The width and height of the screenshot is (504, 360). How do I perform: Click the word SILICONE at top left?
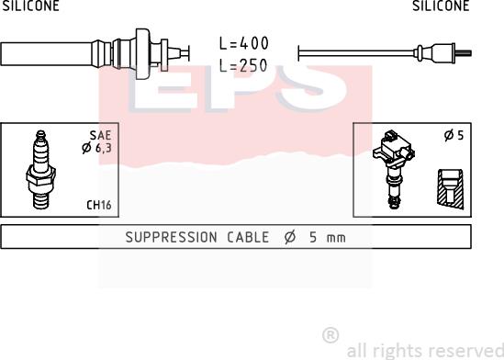[x=31, y=6]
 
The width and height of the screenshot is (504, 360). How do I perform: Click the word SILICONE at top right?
[x=441, y=6]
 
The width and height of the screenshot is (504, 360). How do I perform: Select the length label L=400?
[x=243, y=43]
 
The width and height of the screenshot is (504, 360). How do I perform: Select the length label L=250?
[x=243, y=65]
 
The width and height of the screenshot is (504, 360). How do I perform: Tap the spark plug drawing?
[x=40, y=171]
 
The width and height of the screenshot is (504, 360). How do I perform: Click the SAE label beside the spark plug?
[x=100, y=136]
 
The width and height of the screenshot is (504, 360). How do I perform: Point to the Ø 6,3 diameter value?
[x=96, y=148]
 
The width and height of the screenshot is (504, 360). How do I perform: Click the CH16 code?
[x=99, y=205]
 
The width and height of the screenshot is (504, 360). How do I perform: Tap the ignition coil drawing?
[x=394, y=169]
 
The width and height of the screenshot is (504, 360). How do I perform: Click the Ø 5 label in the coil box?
[x=454, y=135]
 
